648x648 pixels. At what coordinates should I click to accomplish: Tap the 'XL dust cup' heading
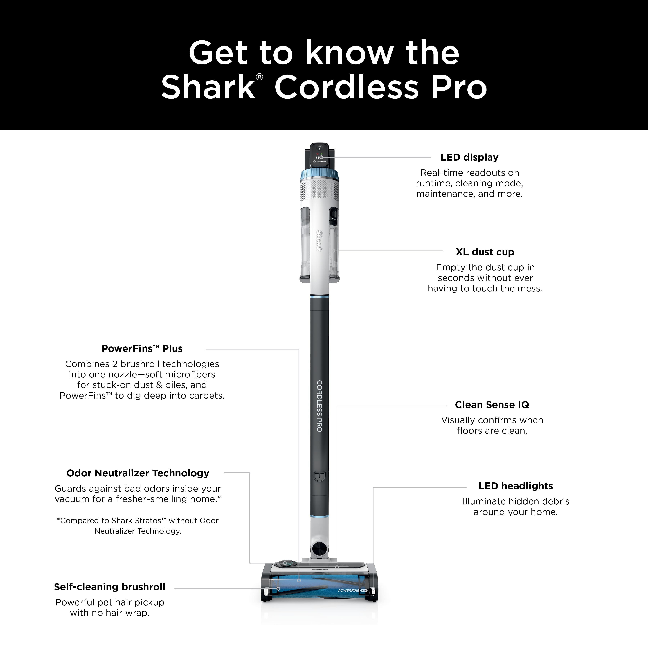click(x=485, y=252)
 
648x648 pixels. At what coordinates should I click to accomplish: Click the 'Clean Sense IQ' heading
click(x=492, y=405)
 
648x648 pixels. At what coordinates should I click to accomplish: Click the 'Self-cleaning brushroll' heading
click(x=110, y=587)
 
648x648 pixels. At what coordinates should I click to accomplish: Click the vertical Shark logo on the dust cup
click(x=319, y=241)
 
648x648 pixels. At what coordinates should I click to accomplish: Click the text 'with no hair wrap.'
click(x=110, y=613)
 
